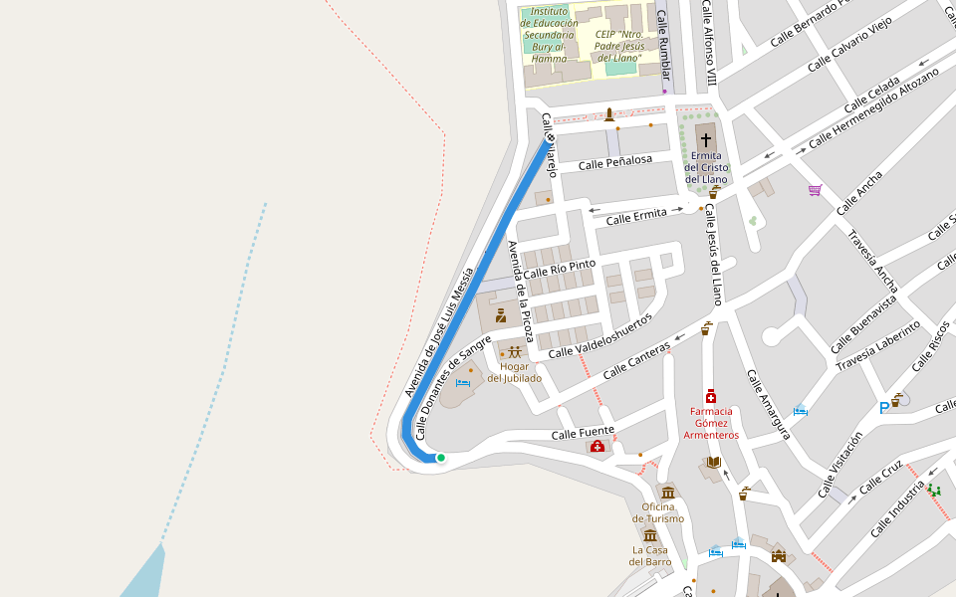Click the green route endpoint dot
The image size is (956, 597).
pos(440,458)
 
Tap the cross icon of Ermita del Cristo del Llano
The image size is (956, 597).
pos(706,139)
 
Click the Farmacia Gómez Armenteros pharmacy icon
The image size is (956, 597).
pos(711,396)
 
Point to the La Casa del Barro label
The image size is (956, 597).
pos(651,555)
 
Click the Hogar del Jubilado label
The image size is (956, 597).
pos(514,372)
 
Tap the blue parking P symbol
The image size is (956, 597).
pos(883,407)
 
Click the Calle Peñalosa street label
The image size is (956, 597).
pos(614,161)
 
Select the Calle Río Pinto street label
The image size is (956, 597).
pos(559,269)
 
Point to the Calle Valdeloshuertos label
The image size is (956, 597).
pos(599,336)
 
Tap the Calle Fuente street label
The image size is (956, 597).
pos(583,433)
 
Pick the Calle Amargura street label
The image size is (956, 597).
pos(768,405)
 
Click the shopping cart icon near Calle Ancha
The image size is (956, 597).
pos(815,190)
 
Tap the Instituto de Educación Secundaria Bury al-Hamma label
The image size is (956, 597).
pos(549,35)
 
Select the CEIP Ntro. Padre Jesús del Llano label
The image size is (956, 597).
pos(618,46)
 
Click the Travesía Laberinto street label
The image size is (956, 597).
pos(877,345)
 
